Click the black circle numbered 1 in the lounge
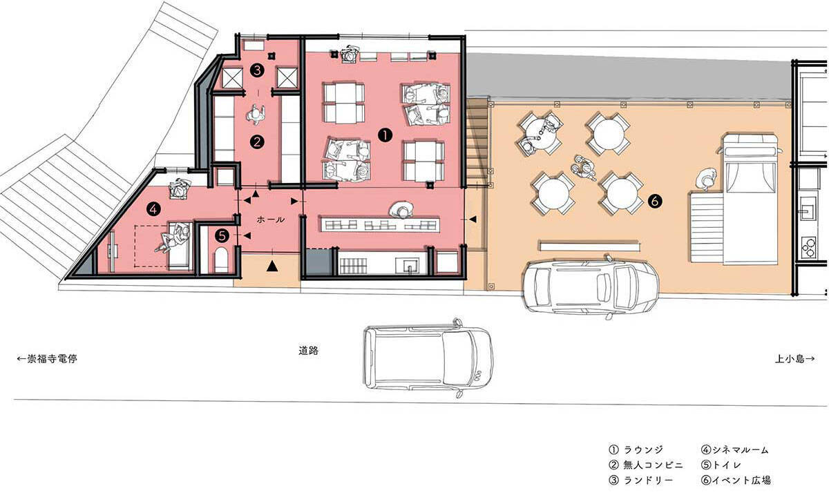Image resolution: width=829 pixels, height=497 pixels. [385, 135]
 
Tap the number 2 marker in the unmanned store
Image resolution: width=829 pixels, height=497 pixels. [257, 142]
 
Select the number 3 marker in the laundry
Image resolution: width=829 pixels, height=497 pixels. [257, 70]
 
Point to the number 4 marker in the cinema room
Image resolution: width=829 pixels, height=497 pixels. [153, 210]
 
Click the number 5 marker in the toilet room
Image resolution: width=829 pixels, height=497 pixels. [222, 235]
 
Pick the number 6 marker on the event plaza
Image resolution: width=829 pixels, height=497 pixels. [655, 201]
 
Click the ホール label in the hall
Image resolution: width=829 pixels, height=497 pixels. [271, 220]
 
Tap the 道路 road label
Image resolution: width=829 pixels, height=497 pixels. [309, 350]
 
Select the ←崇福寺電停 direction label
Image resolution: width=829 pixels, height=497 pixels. [47, 358]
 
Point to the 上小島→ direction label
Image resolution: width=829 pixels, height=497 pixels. [795, 358]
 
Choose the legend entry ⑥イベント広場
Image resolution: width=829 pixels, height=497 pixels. [736, 480]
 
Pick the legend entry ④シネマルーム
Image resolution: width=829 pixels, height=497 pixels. [735, 449]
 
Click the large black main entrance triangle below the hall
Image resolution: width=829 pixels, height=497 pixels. [272, 266]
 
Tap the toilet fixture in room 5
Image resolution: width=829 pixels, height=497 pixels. [221, 260]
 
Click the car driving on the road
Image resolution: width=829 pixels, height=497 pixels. [428, 358]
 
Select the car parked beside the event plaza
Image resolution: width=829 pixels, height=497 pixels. [590, 286]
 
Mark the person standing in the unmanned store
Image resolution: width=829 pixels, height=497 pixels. [256, 114]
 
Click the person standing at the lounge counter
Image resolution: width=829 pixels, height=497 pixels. [401, 210]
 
